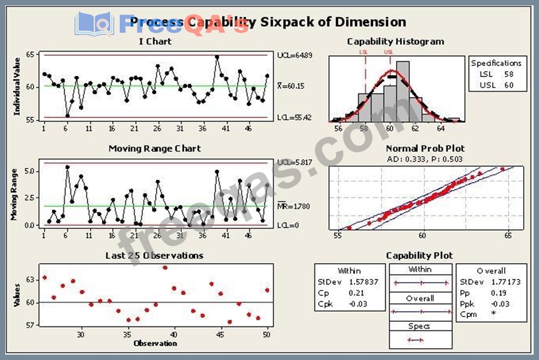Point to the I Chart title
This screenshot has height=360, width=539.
(155, 42)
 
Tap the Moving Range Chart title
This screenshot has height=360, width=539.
(155, 148)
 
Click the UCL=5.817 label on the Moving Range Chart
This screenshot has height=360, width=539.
(293, 162)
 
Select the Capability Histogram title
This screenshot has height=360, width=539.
(395, 42)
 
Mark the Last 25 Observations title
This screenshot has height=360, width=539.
(155, 255)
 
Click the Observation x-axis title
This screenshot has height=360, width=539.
(155, 343)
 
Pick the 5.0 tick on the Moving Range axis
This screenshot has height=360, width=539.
(29, 171)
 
